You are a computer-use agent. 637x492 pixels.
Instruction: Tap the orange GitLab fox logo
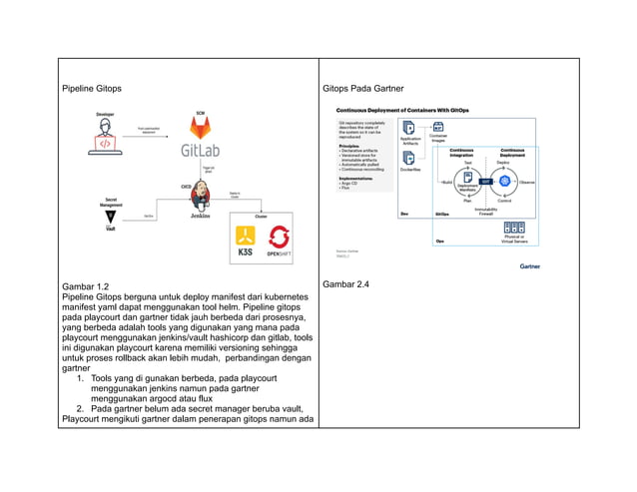[201, 128]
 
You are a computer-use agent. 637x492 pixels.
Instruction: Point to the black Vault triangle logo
[111, 217]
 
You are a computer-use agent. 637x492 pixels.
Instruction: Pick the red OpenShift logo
[279, 240]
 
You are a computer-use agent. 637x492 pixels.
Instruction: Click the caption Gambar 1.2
[85, 286]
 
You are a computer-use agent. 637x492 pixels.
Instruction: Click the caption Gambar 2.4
[345, 285]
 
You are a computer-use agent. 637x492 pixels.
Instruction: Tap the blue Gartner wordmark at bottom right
[530, 266]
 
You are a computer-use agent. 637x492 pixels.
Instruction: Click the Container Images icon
[437, 128]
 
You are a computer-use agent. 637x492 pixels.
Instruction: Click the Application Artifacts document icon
[409, 128]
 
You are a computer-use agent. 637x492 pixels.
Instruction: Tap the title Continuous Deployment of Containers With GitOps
[402, 110]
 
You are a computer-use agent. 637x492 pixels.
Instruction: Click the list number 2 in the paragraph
[80, 408]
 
